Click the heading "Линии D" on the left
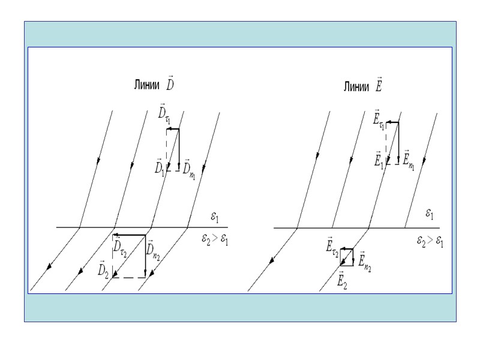[154, 85]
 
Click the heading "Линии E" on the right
[363, 85]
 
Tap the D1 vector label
[160, 166]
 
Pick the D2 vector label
[104, 269]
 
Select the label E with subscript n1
[407, 159]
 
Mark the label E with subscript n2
[365, 259]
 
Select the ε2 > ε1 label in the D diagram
[215, 240]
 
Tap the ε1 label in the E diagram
[430, 214]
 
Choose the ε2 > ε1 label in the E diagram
[430, 241]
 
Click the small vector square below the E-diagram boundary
[346, 257]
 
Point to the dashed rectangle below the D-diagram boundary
[129, 256]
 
